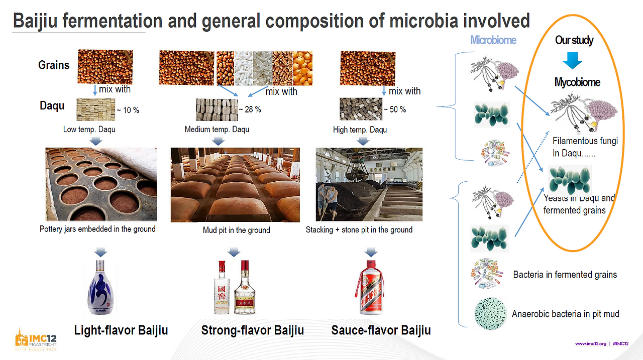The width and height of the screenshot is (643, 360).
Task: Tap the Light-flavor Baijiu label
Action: pyautogui.click(x=121, y=330)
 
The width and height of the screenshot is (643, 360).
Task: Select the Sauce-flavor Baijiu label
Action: pyautogui.click(x=381, y=330)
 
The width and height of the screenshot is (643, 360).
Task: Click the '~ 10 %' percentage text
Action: pyautogui.click(x=128, y=110)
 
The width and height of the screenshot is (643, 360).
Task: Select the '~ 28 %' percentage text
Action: pyautogui.click(x=250, y=109)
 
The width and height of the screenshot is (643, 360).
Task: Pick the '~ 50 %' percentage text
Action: pyautogui.click(x=394, y=109)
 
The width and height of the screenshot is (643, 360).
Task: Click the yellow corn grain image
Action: pyautogui.click(x=302, y=68)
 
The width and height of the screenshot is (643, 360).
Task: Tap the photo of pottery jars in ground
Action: pyautogui.click(x=100, y=184)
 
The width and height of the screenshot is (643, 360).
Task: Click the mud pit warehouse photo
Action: pyautogui.click(x=235, y=184)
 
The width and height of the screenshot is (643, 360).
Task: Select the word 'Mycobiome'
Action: pyautogui.click(x=577, y=82)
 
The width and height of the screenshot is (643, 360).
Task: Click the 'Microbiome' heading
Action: pyautogui.click(x=493, y=40)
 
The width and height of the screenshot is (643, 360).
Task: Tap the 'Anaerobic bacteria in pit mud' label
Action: pyautogui.click(x=565, y=314)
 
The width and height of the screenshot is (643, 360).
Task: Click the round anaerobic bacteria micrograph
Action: pyautogui.click(x=489, y=314)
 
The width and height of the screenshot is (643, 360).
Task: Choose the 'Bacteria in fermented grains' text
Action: pyautogui.click(x=565, y=275)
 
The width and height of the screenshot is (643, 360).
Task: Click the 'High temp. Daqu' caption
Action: pyautogui.click(x=360, y=130)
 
